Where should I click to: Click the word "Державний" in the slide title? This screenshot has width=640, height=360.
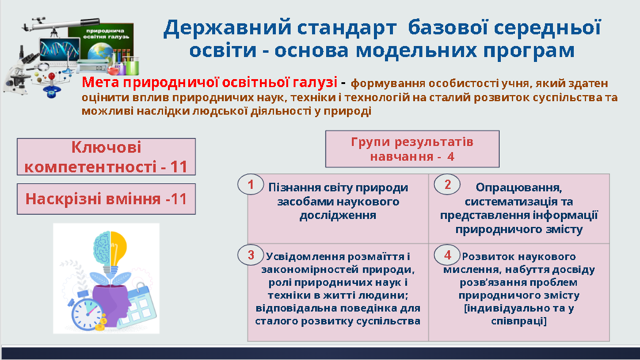[x=228, y=28]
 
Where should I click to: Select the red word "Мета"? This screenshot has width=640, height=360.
[x=101, y=82]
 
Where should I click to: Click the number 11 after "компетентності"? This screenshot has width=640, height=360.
[x=179, y=167]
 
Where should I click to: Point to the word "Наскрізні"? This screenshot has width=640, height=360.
[x=64, y=199]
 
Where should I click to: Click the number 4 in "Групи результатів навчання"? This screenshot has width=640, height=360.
[x=451, y=156]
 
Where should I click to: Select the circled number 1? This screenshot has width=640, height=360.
[x=251, y=185]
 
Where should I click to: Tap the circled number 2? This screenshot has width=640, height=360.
[x=448, y=185]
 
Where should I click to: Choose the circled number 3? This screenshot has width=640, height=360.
[x=251, y=255]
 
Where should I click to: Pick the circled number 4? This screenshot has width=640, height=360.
[x=448, y=255]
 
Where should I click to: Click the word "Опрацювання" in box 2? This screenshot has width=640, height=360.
[x=519, y=188]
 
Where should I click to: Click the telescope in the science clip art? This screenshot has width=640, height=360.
[x=61, y=25]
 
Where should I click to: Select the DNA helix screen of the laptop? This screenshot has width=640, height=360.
[x=59, y=50]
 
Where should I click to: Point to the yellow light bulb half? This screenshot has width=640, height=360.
[x=118, y=247]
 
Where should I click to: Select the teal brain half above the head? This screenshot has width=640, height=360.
[x=102, y=247]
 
